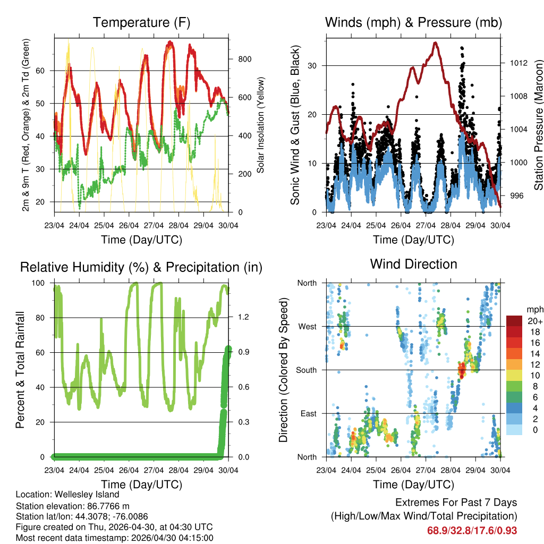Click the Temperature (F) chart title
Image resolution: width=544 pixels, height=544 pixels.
click(x=141, y=22)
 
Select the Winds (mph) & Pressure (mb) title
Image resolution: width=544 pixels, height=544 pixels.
click(x=413, y=22)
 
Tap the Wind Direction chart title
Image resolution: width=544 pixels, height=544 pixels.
click(x=413, y=263)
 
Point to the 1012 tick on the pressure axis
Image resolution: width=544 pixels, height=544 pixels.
click(x=517, y=63)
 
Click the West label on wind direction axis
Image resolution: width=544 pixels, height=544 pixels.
click(x=307, y=326)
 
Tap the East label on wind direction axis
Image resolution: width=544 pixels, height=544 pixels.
click(x=308, y=413)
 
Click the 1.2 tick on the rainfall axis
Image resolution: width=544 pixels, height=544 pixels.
click(x=243, y=318)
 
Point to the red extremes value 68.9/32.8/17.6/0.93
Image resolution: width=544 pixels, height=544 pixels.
click(x=472, y=530)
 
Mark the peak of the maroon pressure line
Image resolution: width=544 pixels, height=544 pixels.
click(x=436, y=42)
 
